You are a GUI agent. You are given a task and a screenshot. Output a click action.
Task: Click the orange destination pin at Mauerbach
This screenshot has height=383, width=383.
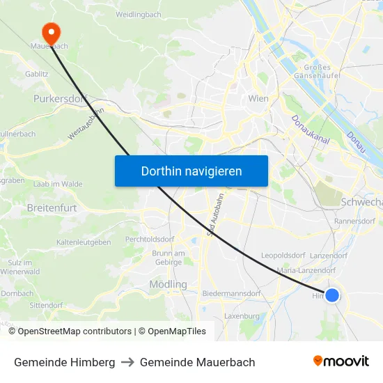click(x=51, y=32)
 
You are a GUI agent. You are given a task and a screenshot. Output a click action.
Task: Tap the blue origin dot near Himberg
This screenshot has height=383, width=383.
click(x=332, y=295)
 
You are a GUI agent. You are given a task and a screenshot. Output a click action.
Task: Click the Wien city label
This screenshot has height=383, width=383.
click(x=258, y=99)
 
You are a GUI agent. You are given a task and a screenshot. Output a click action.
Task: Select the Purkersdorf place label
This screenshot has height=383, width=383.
click(x=60, y=99)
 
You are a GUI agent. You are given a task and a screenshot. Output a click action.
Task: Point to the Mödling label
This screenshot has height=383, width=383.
click(x=168, y=284)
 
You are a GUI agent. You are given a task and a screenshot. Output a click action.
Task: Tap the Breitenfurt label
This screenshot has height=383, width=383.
click(x=51, y=208)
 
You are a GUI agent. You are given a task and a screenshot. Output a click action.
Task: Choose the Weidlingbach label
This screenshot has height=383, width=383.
click(x=139, y=14)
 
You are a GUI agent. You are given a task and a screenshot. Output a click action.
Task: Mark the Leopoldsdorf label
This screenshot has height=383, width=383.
click(x=284, y=256)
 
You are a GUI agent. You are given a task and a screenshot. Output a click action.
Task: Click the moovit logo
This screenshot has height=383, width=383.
click(x=341, y=361)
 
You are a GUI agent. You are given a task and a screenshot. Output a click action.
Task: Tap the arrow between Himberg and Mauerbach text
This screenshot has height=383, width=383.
click(x=127, y=362)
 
